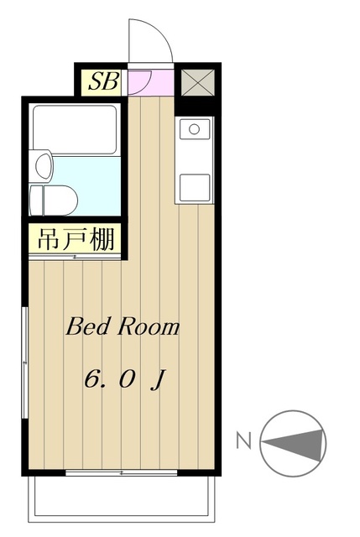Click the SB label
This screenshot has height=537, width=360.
104,81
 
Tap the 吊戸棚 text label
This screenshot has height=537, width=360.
76,238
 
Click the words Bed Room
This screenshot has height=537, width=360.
123,326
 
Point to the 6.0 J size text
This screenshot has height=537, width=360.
125,379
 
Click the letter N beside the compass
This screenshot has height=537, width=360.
244,441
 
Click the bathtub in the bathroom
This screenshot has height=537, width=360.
75,130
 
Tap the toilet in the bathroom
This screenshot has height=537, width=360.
54,201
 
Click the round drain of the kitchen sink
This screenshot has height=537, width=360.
194,129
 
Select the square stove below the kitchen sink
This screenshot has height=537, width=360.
195,188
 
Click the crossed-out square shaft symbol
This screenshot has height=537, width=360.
198,82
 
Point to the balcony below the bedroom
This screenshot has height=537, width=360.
121,499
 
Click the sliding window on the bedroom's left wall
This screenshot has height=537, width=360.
24,362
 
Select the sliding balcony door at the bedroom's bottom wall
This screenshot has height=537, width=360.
121,473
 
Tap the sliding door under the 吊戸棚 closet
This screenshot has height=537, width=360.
75,257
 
